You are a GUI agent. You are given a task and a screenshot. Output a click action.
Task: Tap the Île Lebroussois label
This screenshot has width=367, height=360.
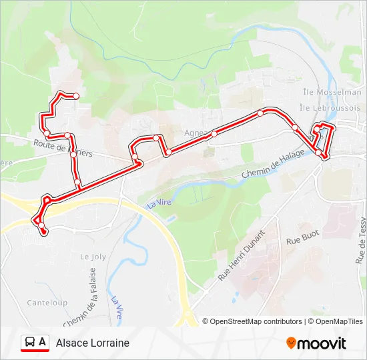tap(330, 107)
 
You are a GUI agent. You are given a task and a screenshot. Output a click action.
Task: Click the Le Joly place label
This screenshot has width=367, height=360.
tap(93, 256)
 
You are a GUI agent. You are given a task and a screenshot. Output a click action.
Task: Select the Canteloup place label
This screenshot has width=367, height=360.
tap(47, 303)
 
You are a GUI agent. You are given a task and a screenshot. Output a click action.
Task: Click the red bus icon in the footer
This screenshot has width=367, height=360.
tap(31, 343)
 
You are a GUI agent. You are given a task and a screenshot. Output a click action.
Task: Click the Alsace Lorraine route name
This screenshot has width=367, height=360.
tap(93, 343)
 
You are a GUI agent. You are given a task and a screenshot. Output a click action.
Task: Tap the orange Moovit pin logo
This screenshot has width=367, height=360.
tap(291, 343)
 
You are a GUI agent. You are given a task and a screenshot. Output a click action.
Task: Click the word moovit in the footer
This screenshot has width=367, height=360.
tap(322, 343)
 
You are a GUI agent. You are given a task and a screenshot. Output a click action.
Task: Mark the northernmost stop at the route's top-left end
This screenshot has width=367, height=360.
tap(76, 97)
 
